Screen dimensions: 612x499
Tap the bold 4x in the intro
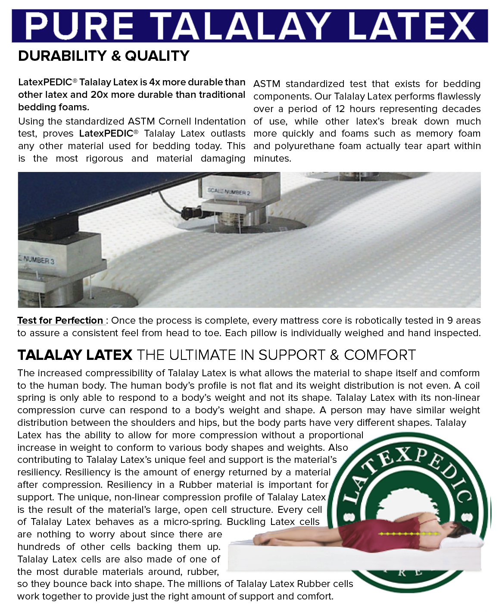tap(155, 82)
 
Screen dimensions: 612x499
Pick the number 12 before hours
tap(340, 109)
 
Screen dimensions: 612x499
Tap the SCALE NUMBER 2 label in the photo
tap(228, 191)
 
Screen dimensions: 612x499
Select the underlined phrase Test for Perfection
tap(60, 321)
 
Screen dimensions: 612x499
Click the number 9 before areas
tap(450, 321)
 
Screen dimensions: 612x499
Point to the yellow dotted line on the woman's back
tap(407, 534)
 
